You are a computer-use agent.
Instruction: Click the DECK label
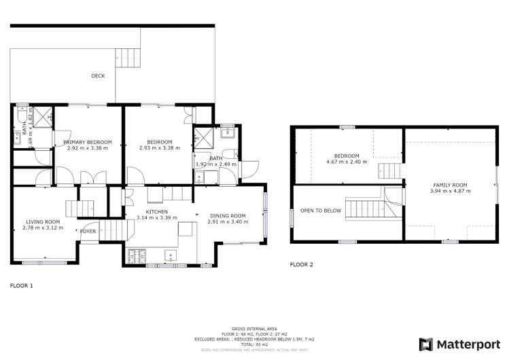pyautogui.click(x=98, y=75)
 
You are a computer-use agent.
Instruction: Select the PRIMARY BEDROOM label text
pyautogui.click(x=88, y=142)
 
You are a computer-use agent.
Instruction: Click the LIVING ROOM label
pyautogui.click(x=43, y=221)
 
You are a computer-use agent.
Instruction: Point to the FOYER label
pyautogui.click(x=88, y=231)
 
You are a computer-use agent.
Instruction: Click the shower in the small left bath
pyautogui.click(x=43, y=117)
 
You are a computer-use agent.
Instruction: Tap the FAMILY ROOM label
pyautogui.click(x=450, y=185)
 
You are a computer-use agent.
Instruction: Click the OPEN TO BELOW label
pyautogui.click(x=321, y=211)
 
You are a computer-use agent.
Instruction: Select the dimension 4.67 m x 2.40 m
pyautogui.click(x=346, y=162)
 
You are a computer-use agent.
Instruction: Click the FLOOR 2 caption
pyautogui.click(x=302, y=264)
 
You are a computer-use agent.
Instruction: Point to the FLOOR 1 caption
pyautogui.click(x=21, y=286)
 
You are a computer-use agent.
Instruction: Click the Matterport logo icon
pyautogui.click(x=426, y=344)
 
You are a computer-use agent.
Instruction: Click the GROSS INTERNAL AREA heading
pyautogui.click(x=253, y=327)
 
